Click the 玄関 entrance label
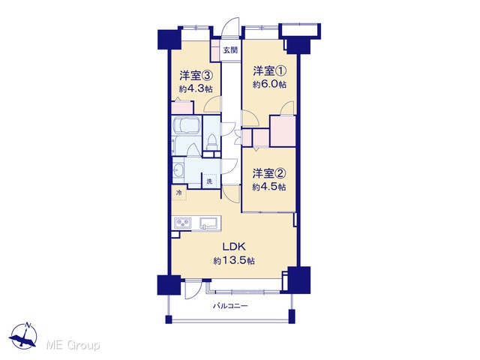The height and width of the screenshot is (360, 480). coord(230,50)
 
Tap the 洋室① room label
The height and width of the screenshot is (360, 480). coord(270,71)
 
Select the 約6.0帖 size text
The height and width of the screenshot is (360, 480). coord(270,84)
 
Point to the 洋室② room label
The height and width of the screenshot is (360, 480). coord(269,173)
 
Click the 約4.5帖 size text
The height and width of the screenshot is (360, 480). coord(269,187)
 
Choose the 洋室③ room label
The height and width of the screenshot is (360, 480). coord(196,75)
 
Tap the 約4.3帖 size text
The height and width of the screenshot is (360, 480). coord(196,88)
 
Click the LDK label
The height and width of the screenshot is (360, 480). coord(234,246)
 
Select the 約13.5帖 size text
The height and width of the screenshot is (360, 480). coord(234,261)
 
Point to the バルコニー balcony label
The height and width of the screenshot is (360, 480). coord(230,306)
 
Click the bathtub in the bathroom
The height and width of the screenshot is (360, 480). coord(187,126)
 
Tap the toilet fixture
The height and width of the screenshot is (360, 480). coord(211,142)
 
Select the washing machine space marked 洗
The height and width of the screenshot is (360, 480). coord(209,181)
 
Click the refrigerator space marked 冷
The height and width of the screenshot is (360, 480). coord(179,193)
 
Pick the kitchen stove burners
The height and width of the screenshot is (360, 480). coord(183,223)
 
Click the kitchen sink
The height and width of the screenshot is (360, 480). coord(209,223)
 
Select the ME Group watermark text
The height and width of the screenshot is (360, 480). coord(73,345)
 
